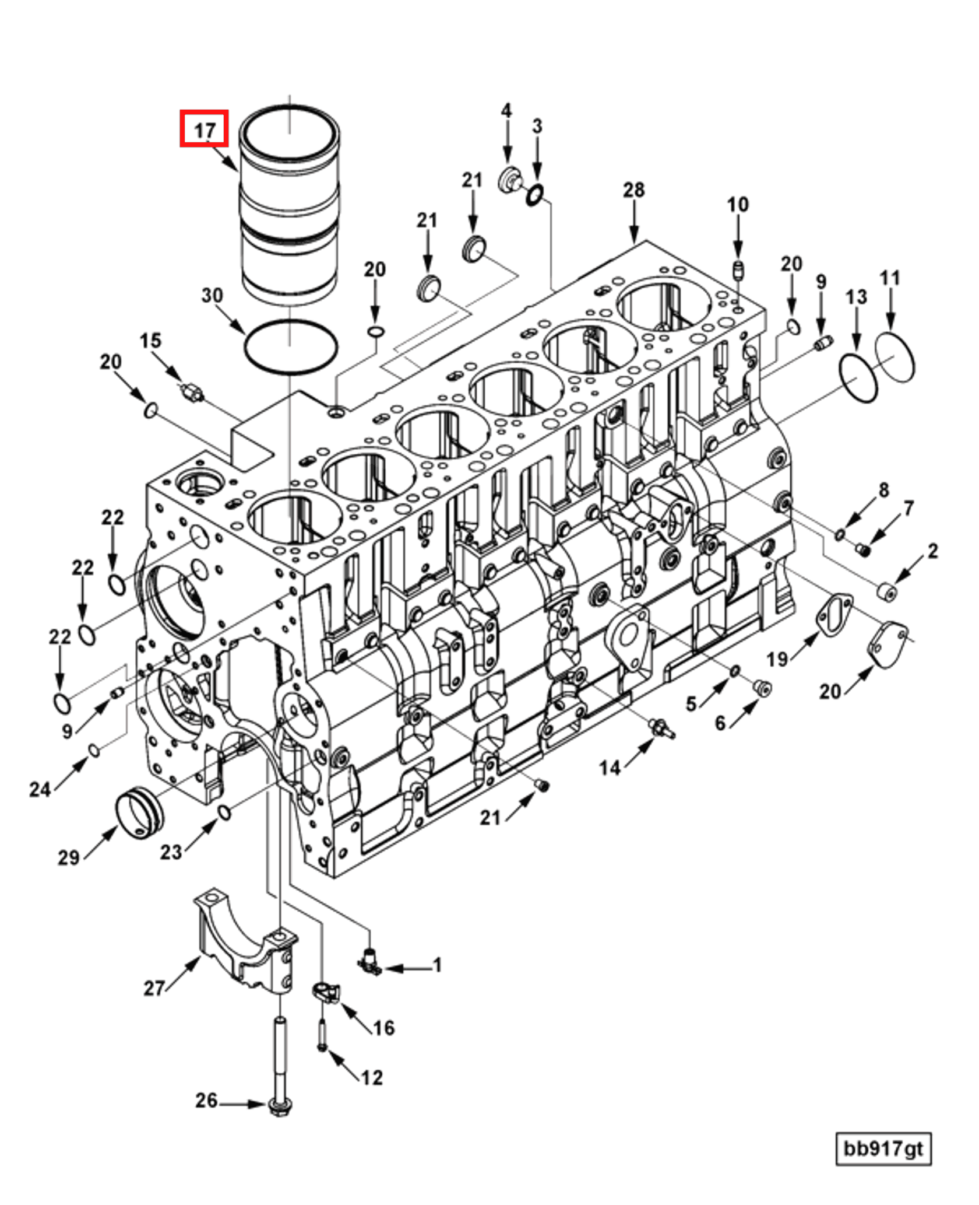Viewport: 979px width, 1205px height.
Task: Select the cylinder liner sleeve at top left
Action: coord(290,210)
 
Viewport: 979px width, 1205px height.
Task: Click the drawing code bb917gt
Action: coord(883,1148)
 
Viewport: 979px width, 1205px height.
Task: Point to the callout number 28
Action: coord(633,190)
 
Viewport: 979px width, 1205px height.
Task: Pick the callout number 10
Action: coord(737,205)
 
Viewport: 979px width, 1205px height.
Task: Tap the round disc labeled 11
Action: coord(895,358)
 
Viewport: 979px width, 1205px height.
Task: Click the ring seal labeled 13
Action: coord(858,379)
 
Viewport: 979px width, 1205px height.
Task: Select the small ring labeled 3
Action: coord(536,195)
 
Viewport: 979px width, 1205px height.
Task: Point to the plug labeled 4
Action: coord(509,178)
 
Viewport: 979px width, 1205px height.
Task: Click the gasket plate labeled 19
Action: coord(834,612)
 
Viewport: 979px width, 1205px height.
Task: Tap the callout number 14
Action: coord(610,768)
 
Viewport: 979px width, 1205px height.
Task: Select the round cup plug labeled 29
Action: coord(140,811)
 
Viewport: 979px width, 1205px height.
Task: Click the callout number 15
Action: coord(150,341)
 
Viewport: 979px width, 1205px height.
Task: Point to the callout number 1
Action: coord(436,965)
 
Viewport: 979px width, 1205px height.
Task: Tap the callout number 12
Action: coord(372,1077)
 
